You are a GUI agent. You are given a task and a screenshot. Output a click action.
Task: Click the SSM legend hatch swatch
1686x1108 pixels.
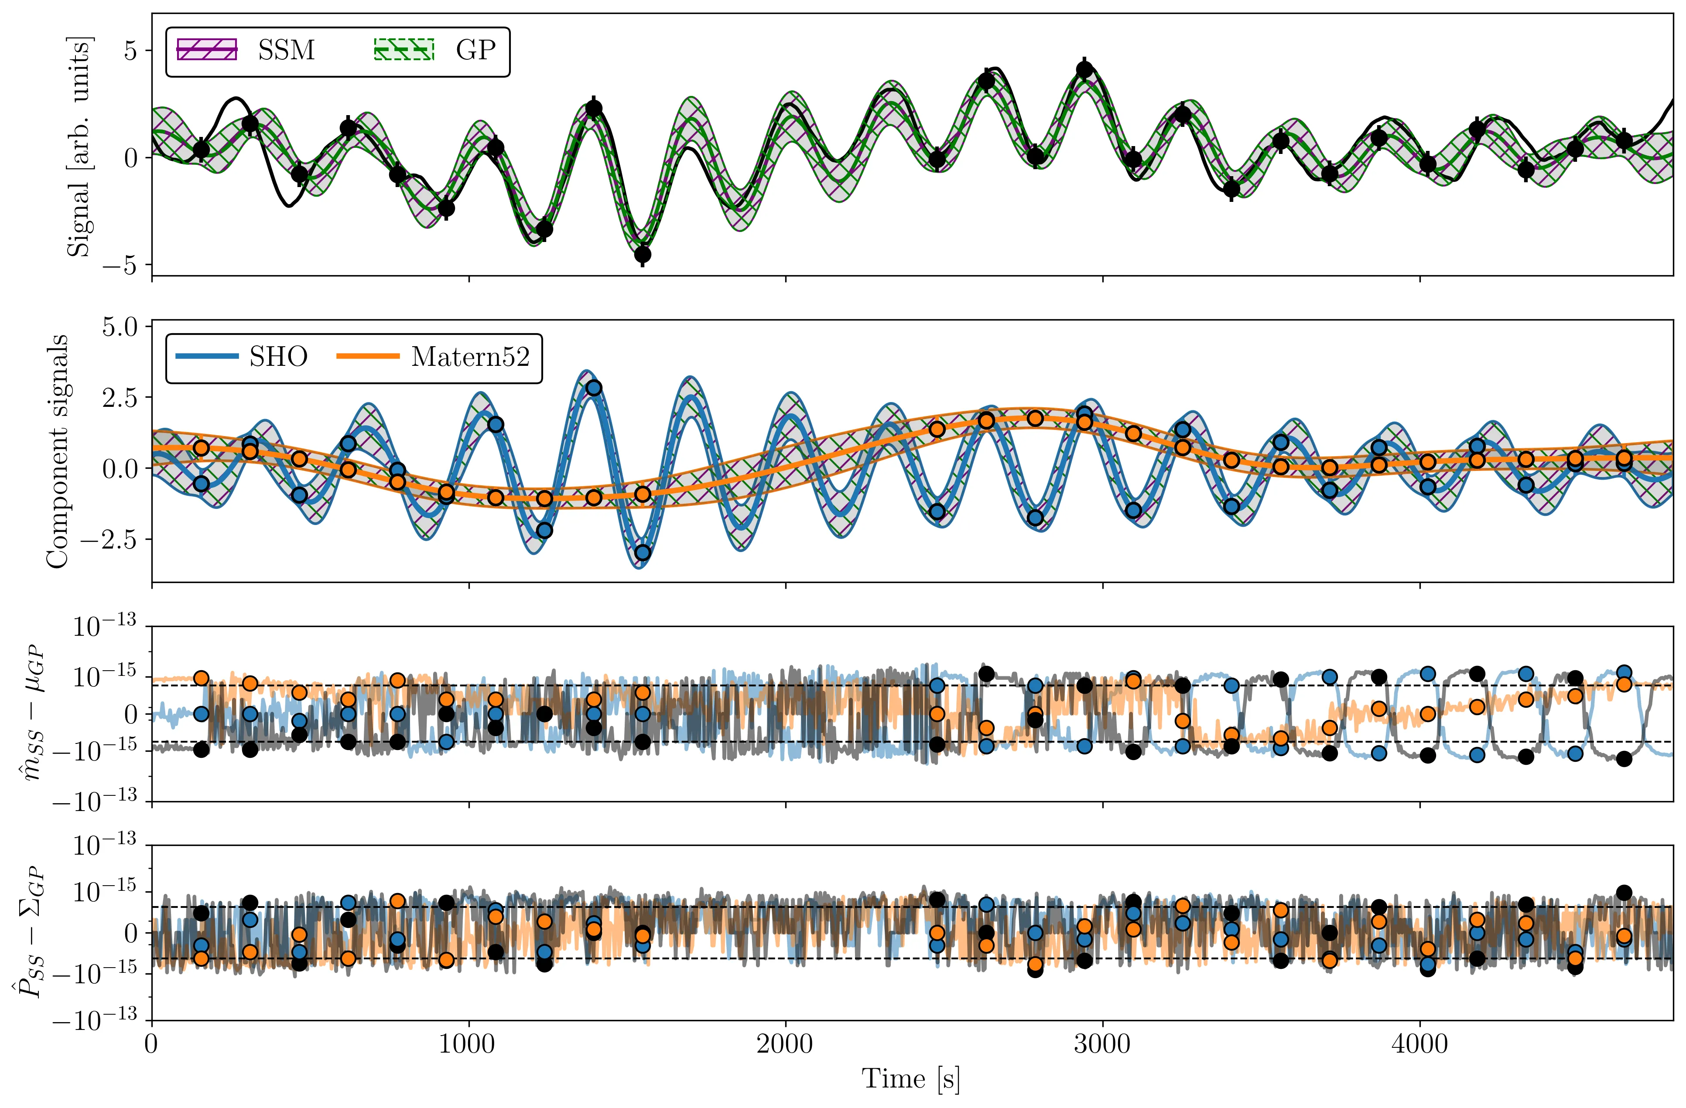(x=206, y=50)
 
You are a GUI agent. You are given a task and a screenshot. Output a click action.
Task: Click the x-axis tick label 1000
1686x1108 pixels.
(x=468, y=1044)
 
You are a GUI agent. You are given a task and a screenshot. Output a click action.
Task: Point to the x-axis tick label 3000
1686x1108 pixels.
(x=1101, y=1044)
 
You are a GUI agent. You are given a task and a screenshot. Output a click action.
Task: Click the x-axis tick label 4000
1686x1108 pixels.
(x=1419, y=1044)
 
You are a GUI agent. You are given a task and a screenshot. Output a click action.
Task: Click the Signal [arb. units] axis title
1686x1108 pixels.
(x=78, y=146)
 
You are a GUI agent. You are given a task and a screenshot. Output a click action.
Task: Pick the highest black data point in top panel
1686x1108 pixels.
(x=1084, y=69)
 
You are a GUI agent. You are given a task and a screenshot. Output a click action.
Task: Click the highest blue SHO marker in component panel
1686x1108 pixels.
(x=594, y=388)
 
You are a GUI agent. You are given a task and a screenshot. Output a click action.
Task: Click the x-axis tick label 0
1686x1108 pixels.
(x=151, y=1044)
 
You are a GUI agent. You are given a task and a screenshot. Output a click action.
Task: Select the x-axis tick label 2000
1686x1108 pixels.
(x=785, y=1044)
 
